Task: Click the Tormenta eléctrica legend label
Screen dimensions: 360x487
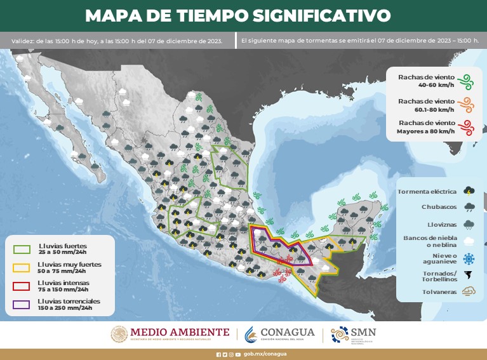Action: click(x=429, y=190)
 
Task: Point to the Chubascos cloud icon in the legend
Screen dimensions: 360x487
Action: click(x=469, y=206)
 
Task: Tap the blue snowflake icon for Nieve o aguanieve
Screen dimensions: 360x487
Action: click(x=469, y=258)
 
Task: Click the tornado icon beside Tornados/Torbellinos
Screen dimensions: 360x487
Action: click(x=469, y=276)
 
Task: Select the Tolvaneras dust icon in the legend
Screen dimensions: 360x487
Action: click(x=469, y=292)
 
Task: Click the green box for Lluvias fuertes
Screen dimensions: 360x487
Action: click(x=22, y=248)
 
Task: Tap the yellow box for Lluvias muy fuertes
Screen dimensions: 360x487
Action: click(x=22, y=267)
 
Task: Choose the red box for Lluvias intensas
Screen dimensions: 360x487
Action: click(x=22, y=286)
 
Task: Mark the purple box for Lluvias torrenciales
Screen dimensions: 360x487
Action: click(x=22, y=305)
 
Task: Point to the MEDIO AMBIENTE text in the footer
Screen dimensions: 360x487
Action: click(x=180, y=331)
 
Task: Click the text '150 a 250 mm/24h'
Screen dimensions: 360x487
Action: click(x=65, y=308)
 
